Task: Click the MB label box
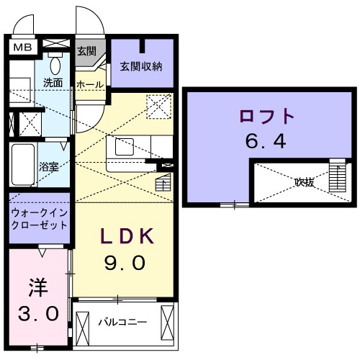pos(22,48)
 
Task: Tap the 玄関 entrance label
pos(87,51)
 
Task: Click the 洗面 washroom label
pos(53,82)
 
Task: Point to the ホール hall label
pos(89,85)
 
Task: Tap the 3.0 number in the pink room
pos(38,314)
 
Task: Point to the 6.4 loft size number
pos(266,141)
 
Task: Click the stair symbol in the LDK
pos(163,184)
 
